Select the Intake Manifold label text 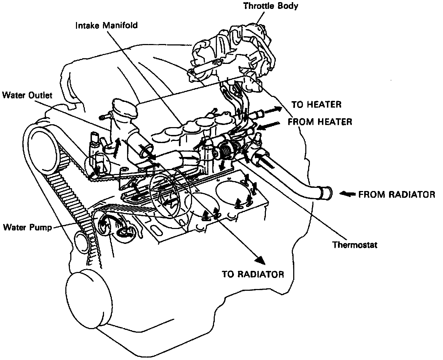tap(106, 26)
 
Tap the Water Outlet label tap(27, 95)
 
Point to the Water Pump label tap(27, 227)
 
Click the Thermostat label tap(355, 245)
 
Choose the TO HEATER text tap(316, 104)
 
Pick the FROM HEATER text tap(319, 122)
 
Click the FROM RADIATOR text tap(396, 195)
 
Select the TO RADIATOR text tap(253, 274)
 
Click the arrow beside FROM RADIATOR tap(348, 194)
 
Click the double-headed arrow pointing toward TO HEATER tap(273, 111)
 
